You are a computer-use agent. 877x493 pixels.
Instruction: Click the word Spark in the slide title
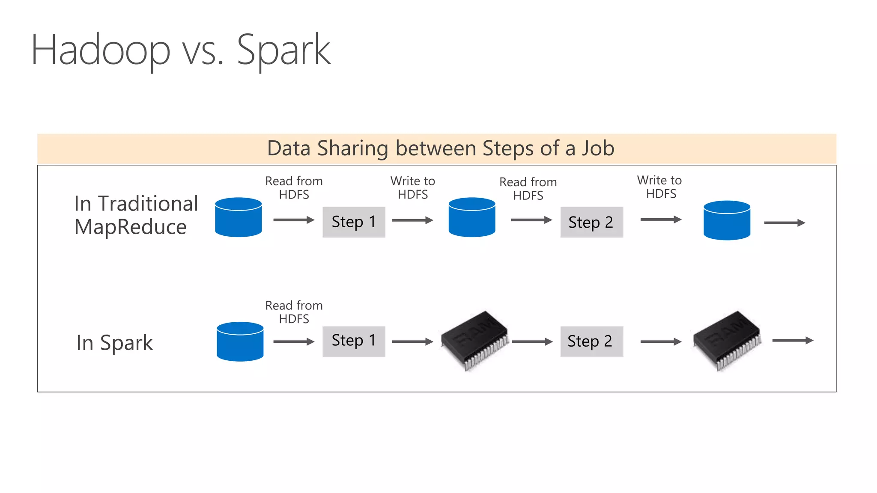pos(283,50)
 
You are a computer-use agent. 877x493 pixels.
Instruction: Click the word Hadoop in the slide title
pos(101,50)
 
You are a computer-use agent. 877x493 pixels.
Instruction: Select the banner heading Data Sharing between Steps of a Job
pos(441,148)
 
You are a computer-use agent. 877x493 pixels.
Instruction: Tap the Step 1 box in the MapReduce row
pos(354,222)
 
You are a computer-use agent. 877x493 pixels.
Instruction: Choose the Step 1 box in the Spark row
pos(354,341)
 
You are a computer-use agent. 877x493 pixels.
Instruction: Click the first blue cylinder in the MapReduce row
pos(238,217)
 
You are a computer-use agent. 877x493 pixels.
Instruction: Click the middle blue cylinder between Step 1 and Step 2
pos(471,217)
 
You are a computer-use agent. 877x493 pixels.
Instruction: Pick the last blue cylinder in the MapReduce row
pos(727,220)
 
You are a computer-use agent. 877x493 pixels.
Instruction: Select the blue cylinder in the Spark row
pos(240,342)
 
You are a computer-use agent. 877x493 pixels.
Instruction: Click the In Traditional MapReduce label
pos(135,215)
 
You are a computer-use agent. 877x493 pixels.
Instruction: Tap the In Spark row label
pos(114,343)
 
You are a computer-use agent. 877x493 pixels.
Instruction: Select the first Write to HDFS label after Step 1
pos(412,188)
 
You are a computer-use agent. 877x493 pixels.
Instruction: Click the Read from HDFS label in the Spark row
pos(294,312)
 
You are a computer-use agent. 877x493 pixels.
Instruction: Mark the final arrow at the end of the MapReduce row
pos(785,223)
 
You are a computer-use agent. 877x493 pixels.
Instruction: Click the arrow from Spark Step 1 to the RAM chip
pos(412,342)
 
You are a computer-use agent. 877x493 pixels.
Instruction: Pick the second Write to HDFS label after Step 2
pos(660,187)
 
